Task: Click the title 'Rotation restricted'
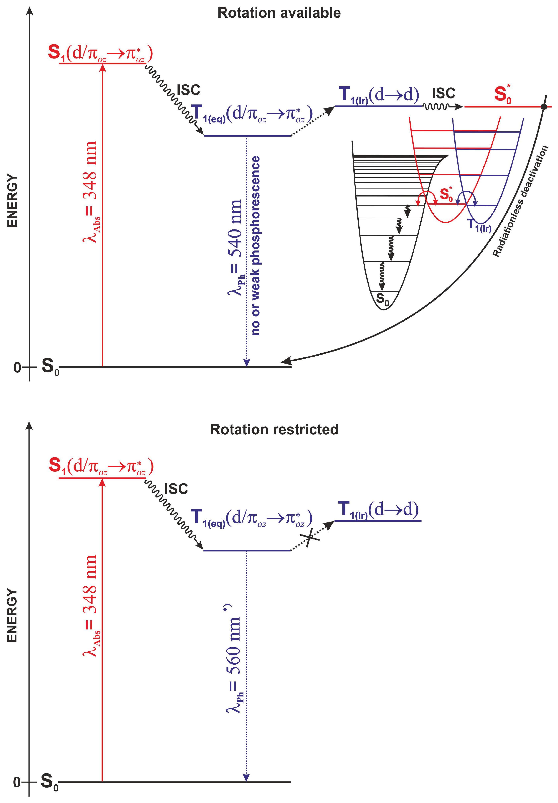click(x=274, y=429)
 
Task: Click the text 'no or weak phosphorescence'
click(x=256, y=245)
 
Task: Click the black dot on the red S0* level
click(x=544, y=106)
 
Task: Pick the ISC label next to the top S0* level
click(x=443, y=93)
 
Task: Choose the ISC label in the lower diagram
click(x=176, y=489)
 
